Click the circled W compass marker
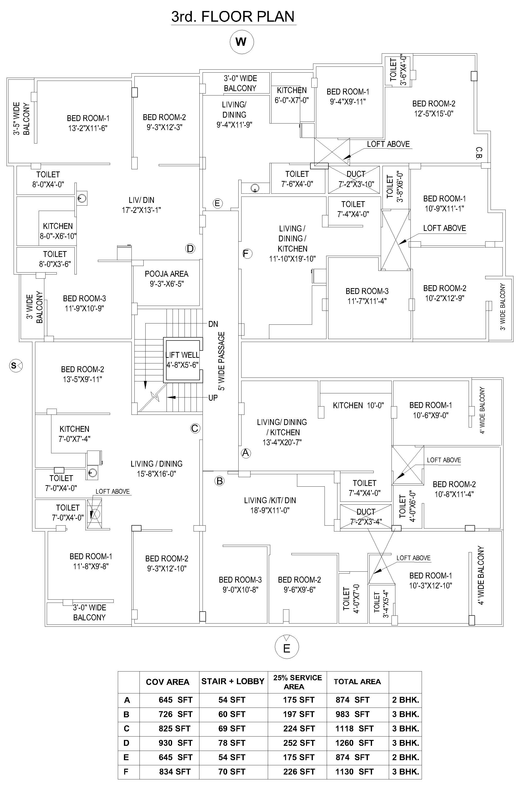point(242,42)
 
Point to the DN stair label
point(213,324)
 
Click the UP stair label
point(213,397)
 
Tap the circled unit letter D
point(190,249)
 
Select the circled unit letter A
point(246,453)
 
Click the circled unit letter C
point(195,428)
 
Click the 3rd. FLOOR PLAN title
point(233,17)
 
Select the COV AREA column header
point(167,682)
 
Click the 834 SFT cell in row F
point(175,772)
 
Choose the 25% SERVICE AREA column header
point(297,682)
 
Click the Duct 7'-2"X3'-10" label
point(356,179)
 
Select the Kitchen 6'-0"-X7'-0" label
point(292,95)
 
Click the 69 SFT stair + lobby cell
point(232,728)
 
